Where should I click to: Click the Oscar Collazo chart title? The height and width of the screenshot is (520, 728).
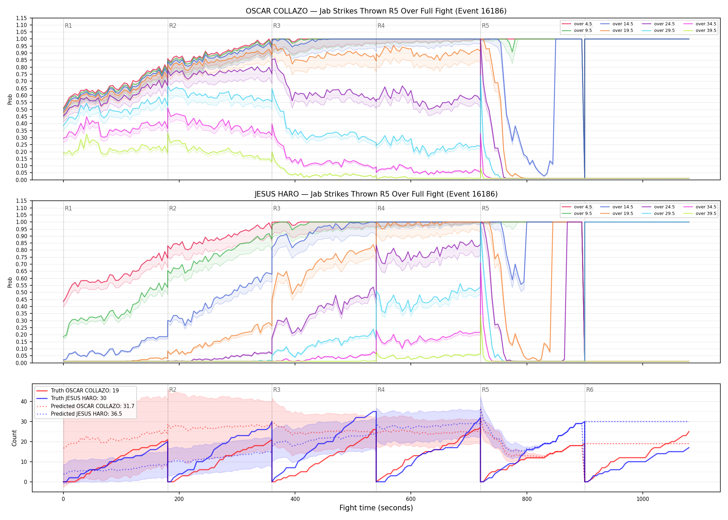tap(376, 11)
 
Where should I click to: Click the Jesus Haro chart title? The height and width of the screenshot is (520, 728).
tap(376, 194)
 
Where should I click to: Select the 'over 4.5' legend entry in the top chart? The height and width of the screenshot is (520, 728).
tap(577, 24)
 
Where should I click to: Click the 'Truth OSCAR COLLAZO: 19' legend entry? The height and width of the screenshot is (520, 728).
tap(78, 391)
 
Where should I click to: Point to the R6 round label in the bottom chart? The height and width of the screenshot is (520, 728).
tap(590, 390)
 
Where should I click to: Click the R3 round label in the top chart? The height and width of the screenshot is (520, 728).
tap(277, 26)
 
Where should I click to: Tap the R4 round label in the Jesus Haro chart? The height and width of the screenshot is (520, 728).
tap(381, 208)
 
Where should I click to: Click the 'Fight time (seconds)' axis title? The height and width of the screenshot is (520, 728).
tap(376, 508)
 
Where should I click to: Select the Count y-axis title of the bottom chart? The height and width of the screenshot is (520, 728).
tap(14, 438)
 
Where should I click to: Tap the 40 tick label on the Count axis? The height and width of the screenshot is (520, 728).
tap(24, 402)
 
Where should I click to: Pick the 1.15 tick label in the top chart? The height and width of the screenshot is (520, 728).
tap(21, 18)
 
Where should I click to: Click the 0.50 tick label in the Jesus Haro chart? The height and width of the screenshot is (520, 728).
tap(21, 293)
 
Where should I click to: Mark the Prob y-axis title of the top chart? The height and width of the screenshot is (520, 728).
tap(10, 99)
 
